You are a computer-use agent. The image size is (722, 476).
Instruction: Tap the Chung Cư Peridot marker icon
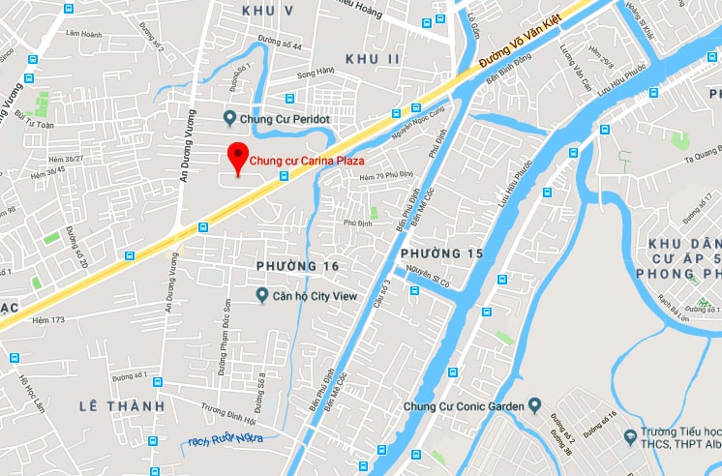pyautogui.click(x=229, y=119)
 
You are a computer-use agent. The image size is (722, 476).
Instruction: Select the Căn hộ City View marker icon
pyautogui.click(x=261, y=295)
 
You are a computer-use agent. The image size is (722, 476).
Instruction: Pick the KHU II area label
pyautogui.click(x=373, y=59)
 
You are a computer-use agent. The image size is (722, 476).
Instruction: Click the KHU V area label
pyautogui.click(x=271, y=10)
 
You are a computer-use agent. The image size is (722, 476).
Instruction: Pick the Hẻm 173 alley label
pyautogui.click(x=47, y=319)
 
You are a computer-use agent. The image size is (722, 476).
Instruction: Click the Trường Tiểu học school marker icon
pyautogui.click(x=632, y=438)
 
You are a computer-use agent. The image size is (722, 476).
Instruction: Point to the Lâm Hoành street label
pyautogui.click(x=84, y=34)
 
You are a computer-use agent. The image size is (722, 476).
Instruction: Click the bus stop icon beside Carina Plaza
pyautogui.click(x=284, y=176)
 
